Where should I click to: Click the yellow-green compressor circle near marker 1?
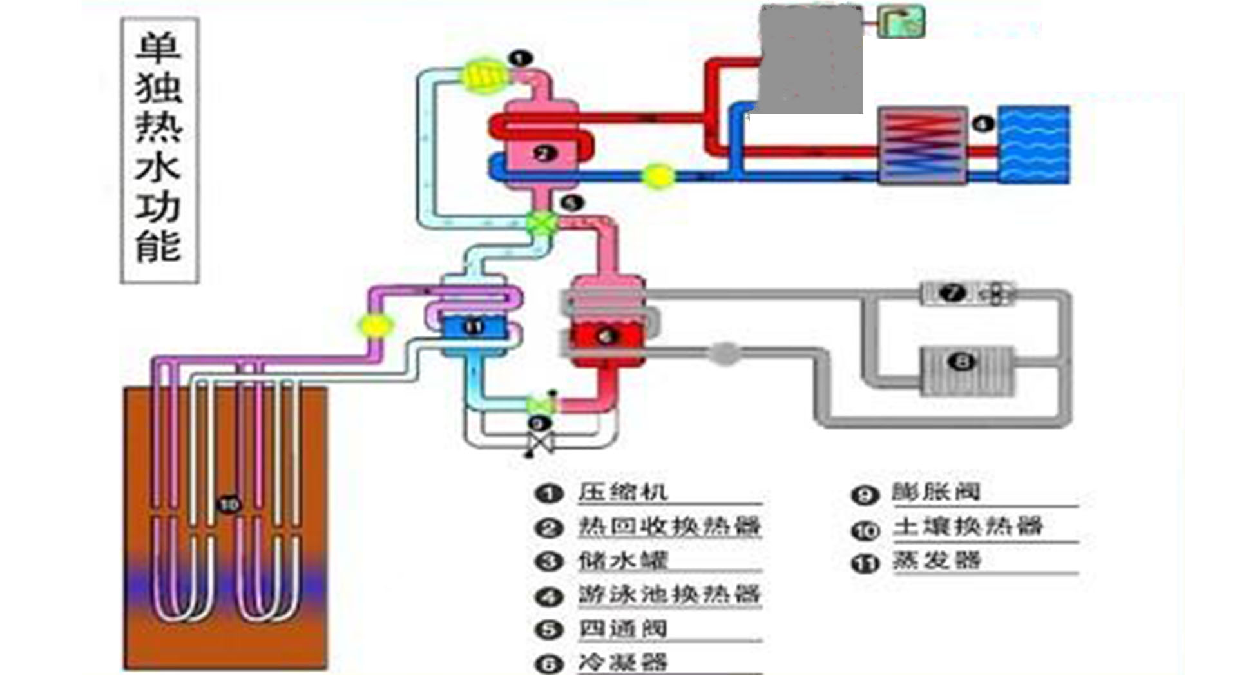tap(484, 76)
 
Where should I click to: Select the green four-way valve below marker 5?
tap(541, 223)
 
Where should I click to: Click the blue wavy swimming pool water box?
tap(1034, 144)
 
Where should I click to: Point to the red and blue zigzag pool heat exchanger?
tap(923, 144)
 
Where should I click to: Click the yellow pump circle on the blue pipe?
tap(658, 176)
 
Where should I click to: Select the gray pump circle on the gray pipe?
tap(725, 353)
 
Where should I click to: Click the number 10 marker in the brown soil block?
tap(229, 504)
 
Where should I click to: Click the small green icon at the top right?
tap(902, 21)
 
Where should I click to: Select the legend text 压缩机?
tap(622, 492)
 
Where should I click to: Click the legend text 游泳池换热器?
tap(669, 594)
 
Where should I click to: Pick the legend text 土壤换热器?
tap(967, 527)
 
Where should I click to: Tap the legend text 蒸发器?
tap(936, 561)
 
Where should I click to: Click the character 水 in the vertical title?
tap(158, 166)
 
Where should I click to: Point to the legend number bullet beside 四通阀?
tap(548, 629)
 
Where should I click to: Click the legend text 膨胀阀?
tap(936, 492)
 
